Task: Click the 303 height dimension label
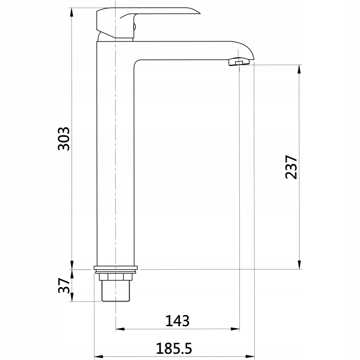pyautogui.click(x=63, y=139)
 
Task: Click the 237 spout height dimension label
pyautogui.click(x=291, y=167)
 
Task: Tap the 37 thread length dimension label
pyautogui.click(x=64, y=286)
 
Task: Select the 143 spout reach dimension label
pyautogui.click(x=177, y=321)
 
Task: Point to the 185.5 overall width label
pyautogui.click(x=174, y=348)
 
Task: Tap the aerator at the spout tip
pyautogui.click(x=239, y=62)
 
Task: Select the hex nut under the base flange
pyautogui.click(x=116, y=277)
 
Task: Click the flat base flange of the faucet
pyautogui.click(x=116, y=268)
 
